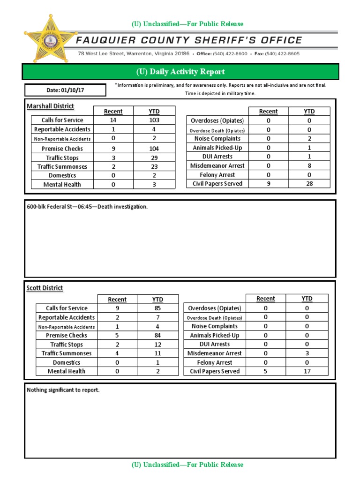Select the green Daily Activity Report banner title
tap(180, 72)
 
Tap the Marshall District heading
tap(50, 106)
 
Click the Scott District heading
tap(45, 288)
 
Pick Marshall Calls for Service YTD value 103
tap(154, 120)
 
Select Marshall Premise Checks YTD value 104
tap(154, 149)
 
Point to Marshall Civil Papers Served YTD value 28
tap(309, 184)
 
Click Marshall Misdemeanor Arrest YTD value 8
tap(309, 165)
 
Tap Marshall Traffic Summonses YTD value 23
tap(154, 166)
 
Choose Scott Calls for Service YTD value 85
tap(157, 308)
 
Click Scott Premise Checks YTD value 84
tap(157, 336)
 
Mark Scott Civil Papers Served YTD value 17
tap(307, 371)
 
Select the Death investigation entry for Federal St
tap(87, 207)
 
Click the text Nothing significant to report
tap(63, 390)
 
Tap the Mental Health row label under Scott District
tap(67, 371)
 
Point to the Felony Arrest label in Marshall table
tap(217, 175)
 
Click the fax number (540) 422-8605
tap(282, 54)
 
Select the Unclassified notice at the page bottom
tap(187, 465)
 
